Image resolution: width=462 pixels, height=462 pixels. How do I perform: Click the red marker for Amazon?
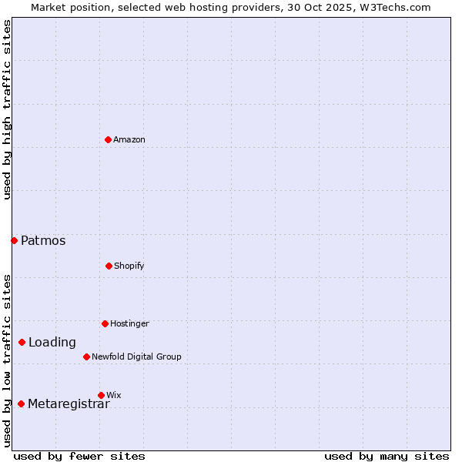click(x=109, y=139)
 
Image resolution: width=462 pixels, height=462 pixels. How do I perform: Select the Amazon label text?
click(x=129, y=139)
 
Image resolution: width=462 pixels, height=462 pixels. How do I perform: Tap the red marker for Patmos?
click(x=14, y=240)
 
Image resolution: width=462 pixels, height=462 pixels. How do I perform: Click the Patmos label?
click(x=43, y=241)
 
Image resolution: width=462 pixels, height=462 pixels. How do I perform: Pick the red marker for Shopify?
click(x=109, y=266)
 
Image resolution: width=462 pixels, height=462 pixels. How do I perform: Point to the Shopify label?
click(x=129, y=266)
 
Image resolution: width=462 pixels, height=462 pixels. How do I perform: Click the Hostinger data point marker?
click(x=105, y=323)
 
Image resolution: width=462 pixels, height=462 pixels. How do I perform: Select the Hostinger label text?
click(x=129, y=323)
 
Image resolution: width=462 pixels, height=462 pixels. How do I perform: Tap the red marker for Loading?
click(x=22, y=342)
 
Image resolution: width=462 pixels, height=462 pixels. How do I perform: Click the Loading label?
click(x=52, y=343)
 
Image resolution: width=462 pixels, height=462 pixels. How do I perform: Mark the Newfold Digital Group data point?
click(x=86, y=357)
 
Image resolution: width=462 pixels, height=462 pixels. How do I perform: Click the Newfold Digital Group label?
click(x=136, y=357)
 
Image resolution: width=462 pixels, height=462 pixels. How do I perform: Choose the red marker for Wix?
click(x=101, y=395)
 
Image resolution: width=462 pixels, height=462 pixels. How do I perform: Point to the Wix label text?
click(x=114, y=395)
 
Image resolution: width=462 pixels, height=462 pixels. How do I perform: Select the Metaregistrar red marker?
click(x=21, y=403)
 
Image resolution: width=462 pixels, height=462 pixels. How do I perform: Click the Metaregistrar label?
click(x=69, y=404)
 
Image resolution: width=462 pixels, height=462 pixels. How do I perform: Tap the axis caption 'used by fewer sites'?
click(x=79, y=456)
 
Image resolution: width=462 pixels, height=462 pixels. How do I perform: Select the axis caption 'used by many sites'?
click(x=387, y=456)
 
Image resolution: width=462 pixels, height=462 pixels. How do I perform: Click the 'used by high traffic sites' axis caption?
click(x=7, y=109)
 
